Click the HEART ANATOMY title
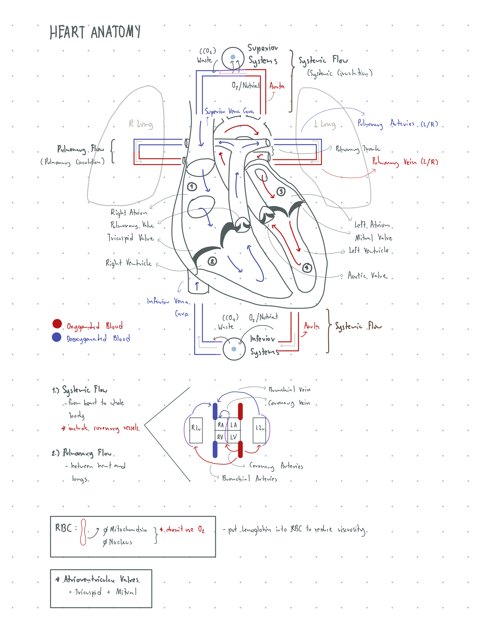(x=95, y=32)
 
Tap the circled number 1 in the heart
(x=192, y=187)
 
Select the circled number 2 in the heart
(x=212, y=261)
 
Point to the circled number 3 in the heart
(x=281, y=191)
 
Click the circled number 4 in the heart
(x=307, y=268)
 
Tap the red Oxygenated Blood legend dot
(x=57, y=323)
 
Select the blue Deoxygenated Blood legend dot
(x=56, y=337)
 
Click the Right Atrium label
(x=129, y=212)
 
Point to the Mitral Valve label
(x=373, y=238)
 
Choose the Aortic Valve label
(x=368, y=276)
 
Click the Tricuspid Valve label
(x=131, y=238)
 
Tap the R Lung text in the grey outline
(x=140, y=124)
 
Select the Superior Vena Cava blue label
(x=229, y=111)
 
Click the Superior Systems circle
(x=233, y=57)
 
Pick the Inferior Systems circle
(x=234, y=349)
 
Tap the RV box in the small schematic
(x=220, y=437)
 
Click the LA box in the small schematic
(x=234, y=425)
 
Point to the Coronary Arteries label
(x=276, y=466)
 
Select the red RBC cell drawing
(x=83, y=532)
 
